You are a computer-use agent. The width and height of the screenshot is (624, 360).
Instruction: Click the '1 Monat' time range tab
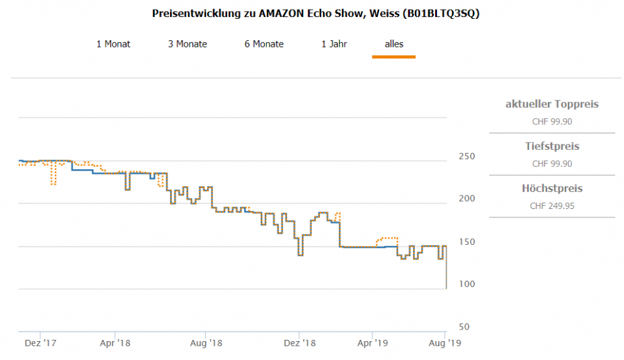point(113,44)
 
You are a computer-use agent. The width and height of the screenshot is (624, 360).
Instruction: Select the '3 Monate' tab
point(188,44)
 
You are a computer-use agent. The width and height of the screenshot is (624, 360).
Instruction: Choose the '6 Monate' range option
point(264,44)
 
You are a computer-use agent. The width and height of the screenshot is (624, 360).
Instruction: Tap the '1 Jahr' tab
point(335,44)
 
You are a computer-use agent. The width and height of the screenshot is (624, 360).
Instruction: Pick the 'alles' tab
point(394,44)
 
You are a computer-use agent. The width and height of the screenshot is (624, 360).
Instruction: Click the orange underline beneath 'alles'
point(394,57)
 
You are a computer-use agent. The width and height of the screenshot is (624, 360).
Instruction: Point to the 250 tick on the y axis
point(466,157)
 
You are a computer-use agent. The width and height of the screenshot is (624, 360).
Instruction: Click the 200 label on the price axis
point(466,199)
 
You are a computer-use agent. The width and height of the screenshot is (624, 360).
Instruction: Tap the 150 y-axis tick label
point(466,242)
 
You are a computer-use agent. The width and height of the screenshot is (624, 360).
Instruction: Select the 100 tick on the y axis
point(466,284)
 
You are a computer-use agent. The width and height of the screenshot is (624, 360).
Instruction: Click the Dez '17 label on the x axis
point(41,344)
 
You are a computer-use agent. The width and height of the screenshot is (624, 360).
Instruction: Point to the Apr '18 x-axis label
point(115,344)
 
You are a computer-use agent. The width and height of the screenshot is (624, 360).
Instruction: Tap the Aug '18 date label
point(207,344)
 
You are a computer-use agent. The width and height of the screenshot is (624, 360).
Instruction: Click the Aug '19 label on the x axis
point(445,344)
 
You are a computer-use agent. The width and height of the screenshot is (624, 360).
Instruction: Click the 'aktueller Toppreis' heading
point(552,104)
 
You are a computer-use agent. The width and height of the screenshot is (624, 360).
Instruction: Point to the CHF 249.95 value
point(552,206)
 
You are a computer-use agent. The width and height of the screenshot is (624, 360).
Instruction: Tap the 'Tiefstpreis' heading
point(552,147)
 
